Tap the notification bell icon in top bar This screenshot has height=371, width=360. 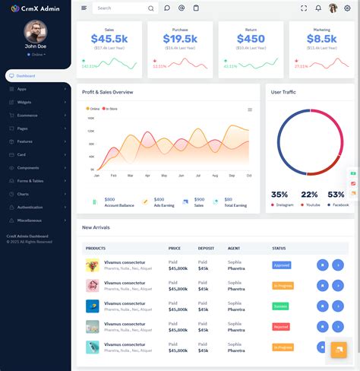point(318,8)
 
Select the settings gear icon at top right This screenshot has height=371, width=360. point(347,8)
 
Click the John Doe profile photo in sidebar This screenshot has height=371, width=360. point(35,31)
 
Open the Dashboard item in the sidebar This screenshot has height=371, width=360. point(26,76)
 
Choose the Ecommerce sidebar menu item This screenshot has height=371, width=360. point(28,115)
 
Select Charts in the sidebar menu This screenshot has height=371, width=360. point(24,194)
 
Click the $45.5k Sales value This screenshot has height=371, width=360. point(109,39)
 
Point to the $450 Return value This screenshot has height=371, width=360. point(251,39)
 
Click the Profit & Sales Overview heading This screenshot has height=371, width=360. point(108,92)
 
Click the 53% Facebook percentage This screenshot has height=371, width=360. point(336,195)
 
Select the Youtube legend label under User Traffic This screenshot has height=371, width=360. point(311,205)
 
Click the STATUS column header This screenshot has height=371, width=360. point(279,248)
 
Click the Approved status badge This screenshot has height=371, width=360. point(282,265)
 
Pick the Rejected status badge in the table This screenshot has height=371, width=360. point(282,326)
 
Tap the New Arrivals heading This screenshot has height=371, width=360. point(97,227)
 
